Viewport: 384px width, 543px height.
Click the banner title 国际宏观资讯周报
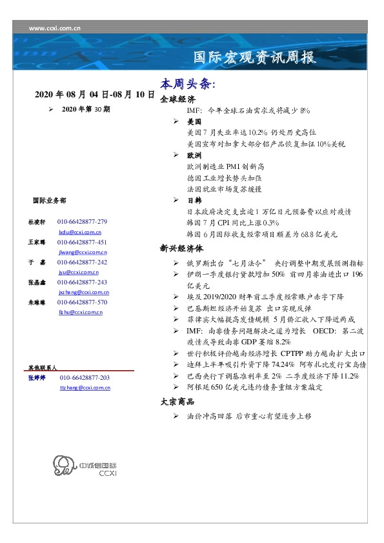(x=255, y=57)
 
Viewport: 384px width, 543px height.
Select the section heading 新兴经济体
(x=181, y=248)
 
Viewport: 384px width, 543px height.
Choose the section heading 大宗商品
(x=177, y=402)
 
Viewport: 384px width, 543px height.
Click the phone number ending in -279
(x=83, y=222)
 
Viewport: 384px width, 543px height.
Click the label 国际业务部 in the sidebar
(x=48, y=201)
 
